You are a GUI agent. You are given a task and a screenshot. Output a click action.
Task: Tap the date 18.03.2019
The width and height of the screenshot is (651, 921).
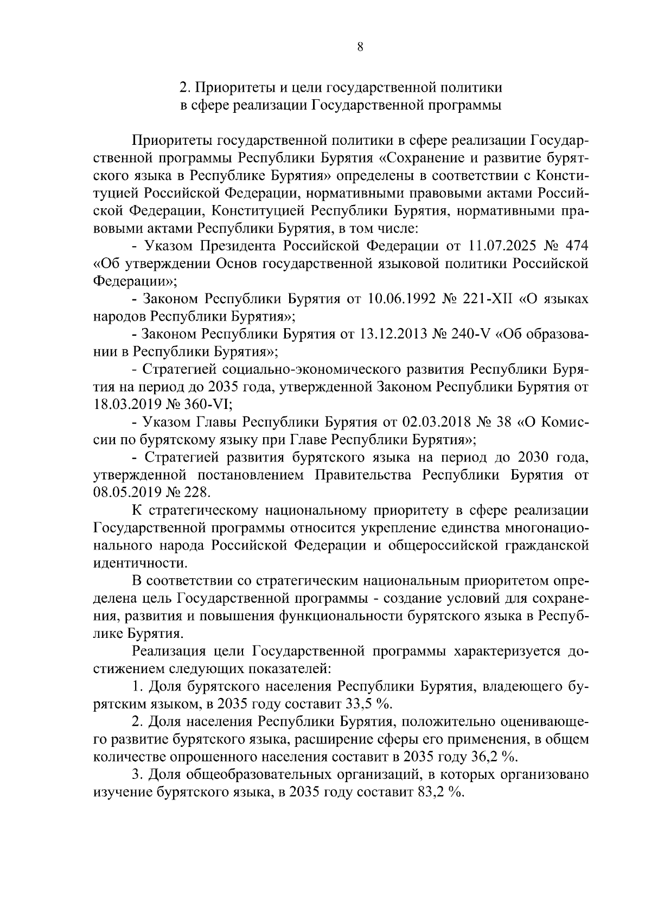122,405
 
